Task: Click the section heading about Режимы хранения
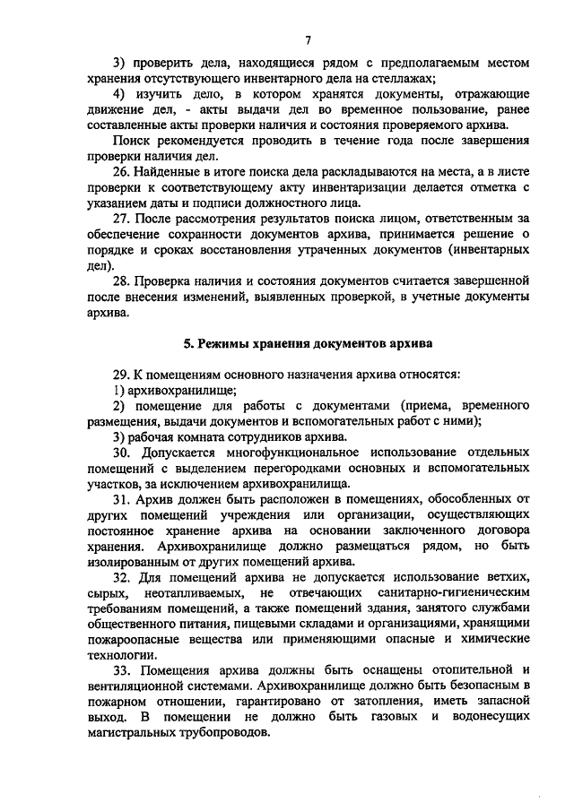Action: tap(308, 343)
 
